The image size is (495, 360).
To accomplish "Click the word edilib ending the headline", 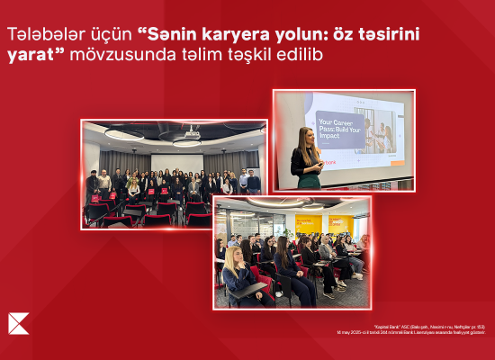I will pyautogui.click(x=305, y=55).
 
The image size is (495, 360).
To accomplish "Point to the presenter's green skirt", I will pyautogui.click(x=310, y=180).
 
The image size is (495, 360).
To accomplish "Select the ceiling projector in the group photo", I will pyautogui.click(x=186, y=140).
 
